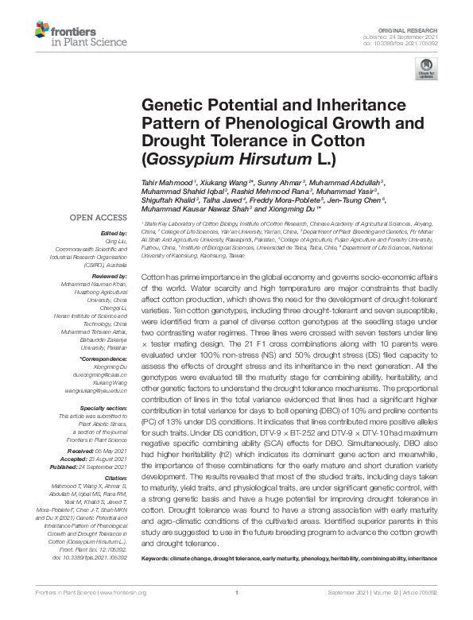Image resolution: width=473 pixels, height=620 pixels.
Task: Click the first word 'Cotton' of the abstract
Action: pyautogui.click(x=154, y=273)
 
